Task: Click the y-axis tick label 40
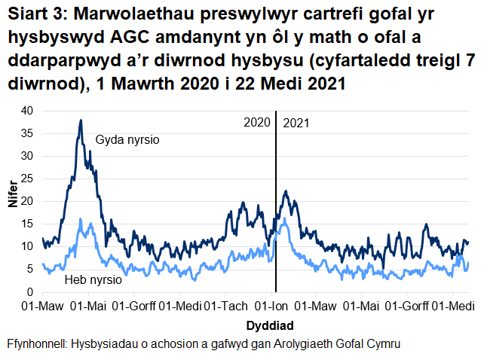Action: click(28, 111)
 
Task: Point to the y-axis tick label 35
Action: click(28, 133)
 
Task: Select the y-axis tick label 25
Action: click(28, 178)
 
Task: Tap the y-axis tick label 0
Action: click(31, 291)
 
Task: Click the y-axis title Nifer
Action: click(11, 201)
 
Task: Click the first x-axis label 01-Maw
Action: click(42, 307)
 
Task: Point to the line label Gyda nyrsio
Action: click(127, 140)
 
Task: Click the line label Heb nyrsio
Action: click(94, 280)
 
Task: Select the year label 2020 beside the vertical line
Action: click(258, 122)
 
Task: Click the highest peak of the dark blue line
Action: click(81, 121)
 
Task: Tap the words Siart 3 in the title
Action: click(35, 15)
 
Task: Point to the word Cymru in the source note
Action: click(381, 343)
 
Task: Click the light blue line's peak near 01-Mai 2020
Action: click(91, 223)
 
